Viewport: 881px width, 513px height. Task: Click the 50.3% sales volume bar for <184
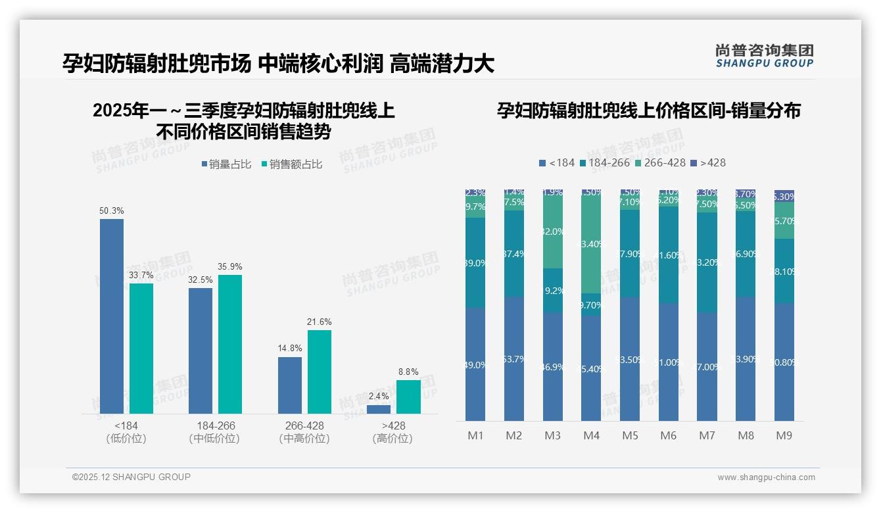(x=112, y=316)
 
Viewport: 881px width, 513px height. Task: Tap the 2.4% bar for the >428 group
(x=379, y=409)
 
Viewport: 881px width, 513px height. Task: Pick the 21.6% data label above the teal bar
(x=320, y=322)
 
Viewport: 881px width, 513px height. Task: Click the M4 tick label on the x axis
(x=591, y=435)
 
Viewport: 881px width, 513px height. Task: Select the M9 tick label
(x=784, y=435)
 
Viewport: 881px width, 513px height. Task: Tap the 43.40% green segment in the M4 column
(x=591, y=244)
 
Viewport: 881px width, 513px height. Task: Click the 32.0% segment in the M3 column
(x=553, y=232)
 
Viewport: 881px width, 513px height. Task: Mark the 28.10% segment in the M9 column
(x=784, y=271)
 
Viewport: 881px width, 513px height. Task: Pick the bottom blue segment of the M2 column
(x=514, y=358)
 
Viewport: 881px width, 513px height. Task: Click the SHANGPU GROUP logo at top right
(x=764, y=56)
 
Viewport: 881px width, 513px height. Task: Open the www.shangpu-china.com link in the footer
(x=766, y=477)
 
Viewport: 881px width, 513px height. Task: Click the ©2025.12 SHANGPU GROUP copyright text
(x=131, y=477)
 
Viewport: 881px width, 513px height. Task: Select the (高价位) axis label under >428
(x=393, y=439)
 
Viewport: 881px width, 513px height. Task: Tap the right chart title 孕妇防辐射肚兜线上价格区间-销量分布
(x=648, y=111)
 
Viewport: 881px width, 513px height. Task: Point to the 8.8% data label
(x=408, y=372)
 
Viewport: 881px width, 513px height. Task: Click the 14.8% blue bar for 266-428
(x=290, y=385)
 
